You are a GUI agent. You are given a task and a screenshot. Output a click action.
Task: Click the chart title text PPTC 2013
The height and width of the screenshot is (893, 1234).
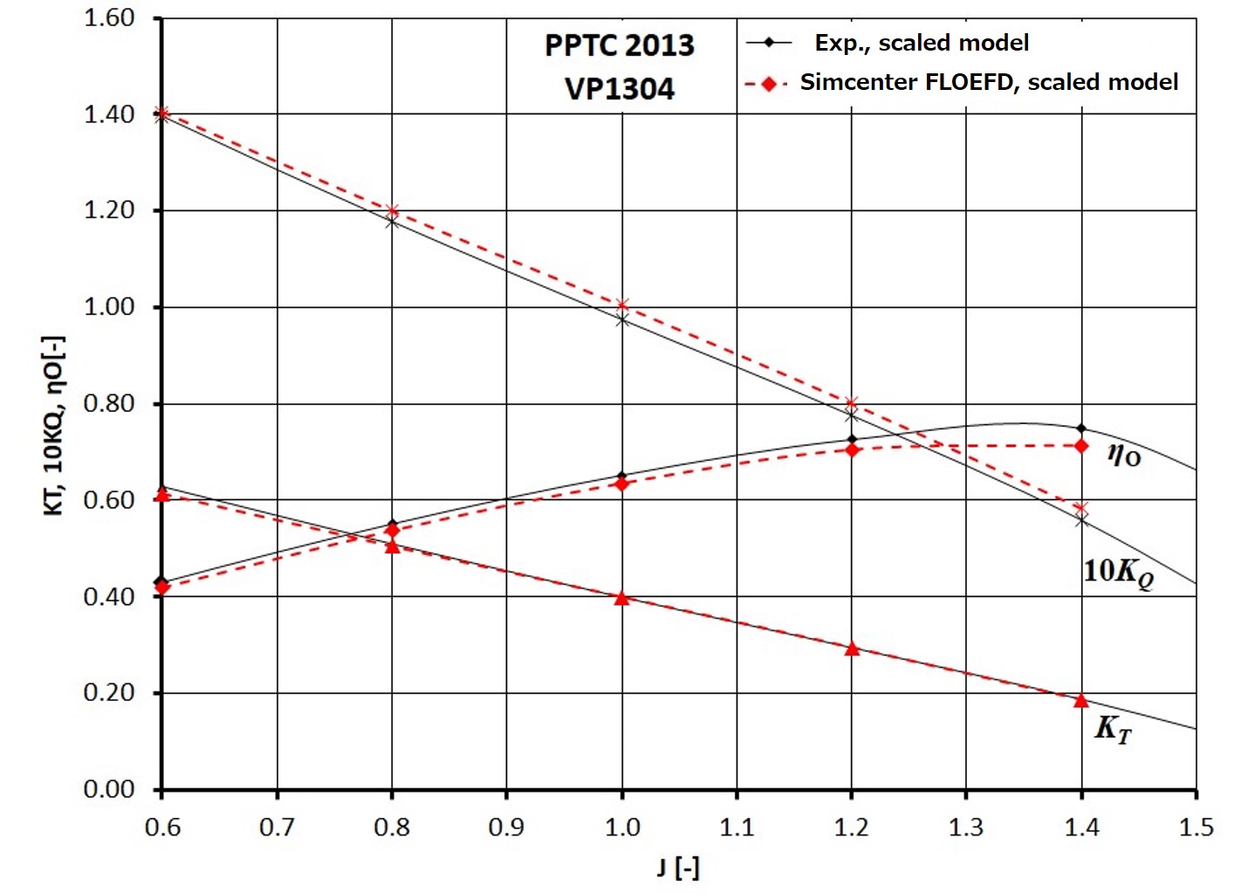tap(619, 45)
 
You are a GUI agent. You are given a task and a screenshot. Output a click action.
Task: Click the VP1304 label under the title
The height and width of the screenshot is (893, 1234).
tap(619, 89)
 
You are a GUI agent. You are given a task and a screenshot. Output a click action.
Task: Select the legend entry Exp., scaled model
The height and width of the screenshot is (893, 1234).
tap(921, 43)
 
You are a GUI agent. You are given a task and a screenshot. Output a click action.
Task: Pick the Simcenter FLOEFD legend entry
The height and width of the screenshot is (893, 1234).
tap(988, 82)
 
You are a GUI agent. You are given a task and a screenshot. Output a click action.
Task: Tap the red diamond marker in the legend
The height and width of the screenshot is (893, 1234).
tap(769, 84)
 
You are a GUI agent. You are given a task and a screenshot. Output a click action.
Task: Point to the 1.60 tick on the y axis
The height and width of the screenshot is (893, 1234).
tap(109, 18)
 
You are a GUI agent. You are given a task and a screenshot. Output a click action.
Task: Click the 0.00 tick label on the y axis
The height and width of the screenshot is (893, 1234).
tap(109, 789)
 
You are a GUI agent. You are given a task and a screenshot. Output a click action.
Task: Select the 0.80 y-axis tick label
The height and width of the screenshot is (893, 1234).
tap(109, 403)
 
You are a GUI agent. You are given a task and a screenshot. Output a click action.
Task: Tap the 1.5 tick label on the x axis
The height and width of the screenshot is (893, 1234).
tap(1196, 827)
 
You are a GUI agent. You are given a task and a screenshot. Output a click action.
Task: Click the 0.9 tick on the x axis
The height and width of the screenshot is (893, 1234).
tap(506, 827)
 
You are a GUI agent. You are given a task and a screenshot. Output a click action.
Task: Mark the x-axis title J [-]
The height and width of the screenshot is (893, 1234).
tap(677, 867)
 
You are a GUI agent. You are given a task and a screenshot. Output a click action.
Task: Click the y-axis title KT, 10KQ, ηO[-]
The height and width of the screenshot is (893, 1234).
tap(54, 425)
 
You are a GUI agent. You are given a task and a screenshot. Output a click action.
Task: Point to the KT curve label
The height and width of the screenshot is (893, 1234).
tap(1113, 729)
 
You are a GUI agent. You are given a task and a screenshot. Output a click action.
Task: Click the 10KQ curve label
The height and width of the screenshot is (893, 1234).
tap(1118, 572)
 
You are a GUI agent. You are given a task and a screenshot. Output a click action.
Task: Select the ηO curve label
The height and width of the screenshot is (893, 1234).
tap(1124, 454)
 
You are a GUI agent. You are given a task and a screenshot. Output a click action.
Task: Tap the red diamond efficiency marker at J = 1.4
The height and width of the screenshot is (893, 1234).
tap(1081, 446)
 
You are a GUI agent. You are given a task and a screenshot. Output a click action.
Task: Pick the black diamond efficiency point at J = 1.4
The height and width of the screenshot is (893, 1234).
tap(1081, 429)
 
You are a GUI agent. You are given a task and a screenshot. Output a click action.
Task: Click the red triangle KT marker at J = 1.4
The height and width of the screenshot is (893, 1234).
tap(1081, 701)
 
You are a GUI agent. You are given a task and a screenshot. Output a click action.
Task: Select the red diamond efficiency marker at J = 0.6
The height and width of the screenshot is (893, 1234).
tap(161, 587)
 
